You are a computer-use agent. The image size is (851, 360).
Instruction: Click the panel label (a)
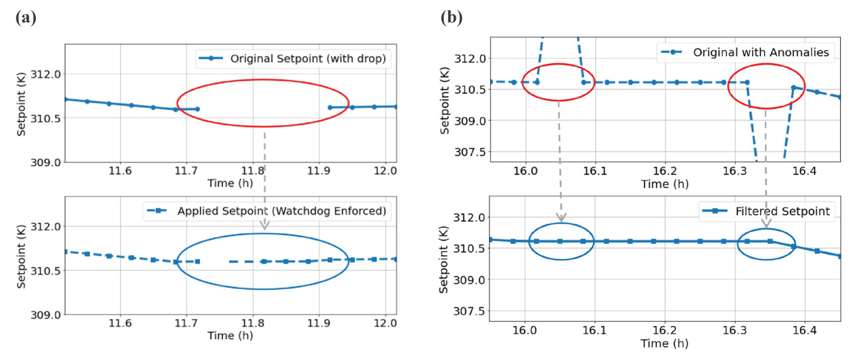[x=26, y=18]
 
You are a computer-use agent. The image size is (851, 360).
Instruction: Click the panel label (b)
[x=451, y=18]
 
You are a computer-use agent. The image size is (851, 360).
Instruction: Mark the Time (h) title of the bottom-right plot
[x=664, y=344]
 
